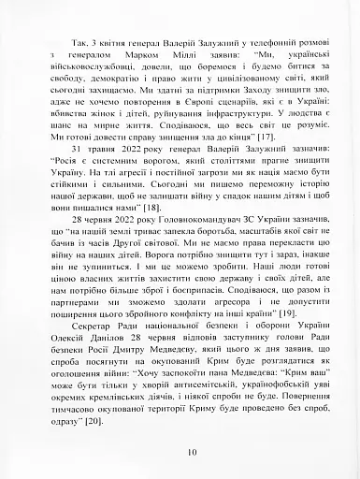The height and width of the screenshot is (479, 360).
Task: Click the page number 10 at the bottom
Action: [191, 453]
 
